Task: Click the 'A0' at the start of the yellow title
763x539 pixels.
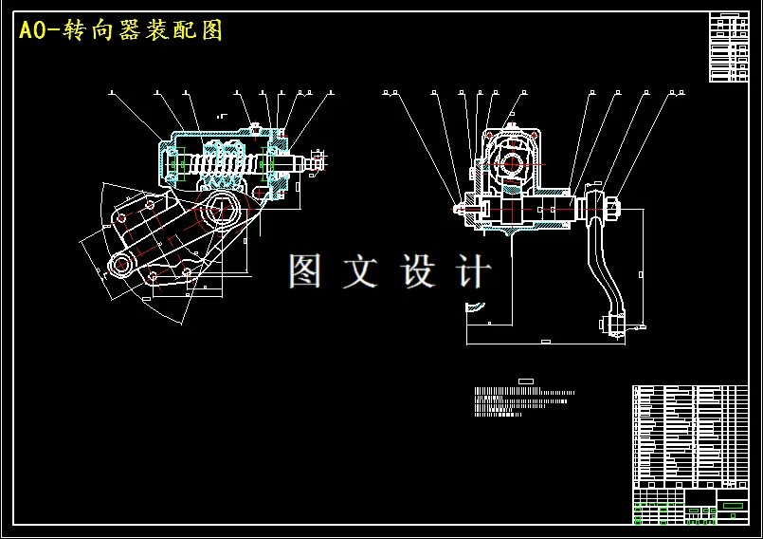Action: [32, 30]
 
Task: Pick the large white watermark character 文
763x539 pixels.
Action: [360, 272]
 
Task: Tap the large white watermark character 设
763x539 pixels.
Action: [418, 272]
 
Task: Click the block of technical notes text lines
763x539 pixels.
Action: [521, 401]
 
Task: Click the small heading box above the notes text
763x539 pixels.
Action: [526, 381]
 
